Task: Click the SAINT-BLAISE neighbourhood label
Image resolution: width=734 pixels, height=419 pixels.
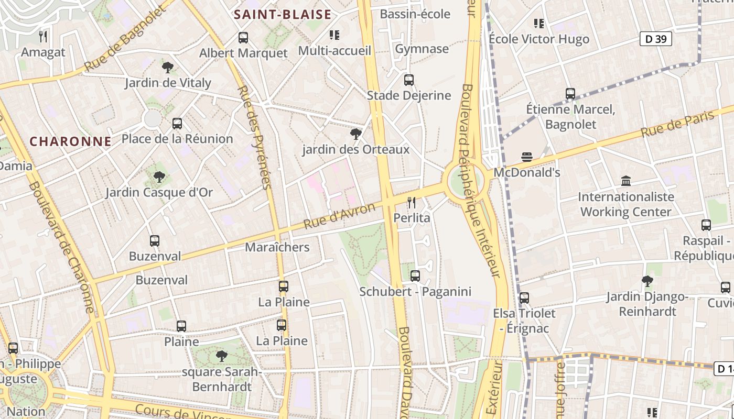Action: click(283, 14)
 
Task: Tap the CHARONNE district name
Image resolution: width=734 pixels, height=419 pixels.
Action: click(70, 141)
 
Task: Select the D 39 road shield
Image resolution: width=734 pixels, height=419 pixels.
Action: click(655, 39)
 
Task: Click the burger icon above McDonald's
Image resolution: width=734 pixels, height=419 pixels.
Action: click(527, 157)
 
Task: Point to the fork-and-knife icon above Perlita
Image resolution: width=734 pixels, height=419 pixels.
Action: click(412, 202)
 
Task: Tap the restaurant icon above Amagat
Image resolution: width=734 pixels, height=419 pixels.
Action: click(44, 37)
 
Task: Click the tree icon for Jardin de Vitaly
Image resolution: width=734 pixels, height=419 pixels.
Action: click(168, 67)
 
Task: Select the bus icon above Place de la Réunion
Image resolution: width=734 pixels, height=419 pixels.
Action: click(177, 124)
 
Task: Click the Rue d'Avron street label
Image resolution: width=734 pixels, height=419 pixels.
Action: click(339, 215)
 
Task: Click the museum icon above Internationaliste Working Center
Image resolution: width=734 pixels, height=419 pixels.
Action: click(625, 181)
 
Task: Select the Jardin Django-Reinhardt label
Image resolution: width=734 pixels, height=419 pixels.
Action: click(647, 304)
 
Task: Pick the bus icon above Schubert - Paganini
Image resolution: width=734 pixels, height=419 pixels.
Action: click(415, 275)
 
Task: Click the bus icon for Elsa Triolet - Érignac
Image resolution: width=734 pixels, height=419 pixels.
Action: click(524, 298)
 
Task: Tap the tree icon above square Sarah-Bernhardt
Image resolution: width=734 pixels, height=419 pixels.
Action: click(222, 356)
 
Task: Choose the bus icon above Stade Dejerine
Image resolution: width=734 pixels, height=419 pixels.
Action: click(409, 80)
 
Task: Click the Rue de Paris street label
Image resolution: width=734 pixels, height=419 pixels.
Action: click(677, 125)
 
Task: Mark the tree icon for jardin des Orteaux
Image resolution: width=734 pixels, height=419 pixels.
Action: click(355, 134)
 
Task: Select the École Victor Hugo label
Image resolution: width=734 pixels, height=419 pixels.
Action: click(538, 39)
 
